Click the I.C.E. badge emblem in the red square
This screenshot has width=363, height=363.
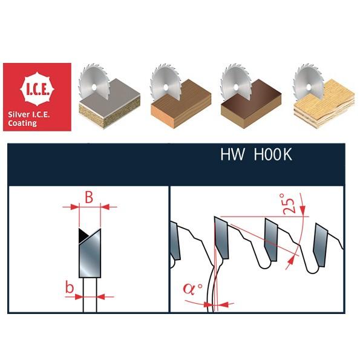point(37,89)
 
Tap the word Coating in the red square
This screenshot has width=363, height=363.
point(22,123)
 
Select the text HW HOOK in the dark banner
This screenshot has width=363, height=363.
point(256,154)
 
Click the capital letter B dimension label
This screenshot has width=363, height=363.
point(89,197)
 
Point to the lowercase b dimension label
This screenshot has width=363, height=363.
point(70,287)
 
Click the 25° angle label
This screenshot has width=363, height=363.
point(289,203)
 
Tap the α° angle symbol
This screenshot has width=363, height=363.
point(192,289)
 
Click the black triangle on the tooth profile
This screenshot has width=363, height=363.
point(83,236)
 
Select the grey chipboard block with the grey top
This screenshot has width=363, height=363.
point(110,103)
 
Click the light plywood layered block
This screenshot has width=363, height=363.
point(324,103)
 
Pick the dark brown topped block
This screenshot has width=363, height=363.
point(251,103)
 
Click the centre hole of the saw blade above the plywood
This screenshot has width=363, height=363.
point(309,87)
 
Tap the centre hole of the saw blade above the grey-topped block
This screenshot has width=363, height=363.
point(94,87)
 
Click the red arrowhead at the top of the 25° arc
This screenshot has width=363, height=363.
point(302,209)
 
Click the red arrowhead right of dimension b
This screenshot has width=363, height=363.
point(100,296)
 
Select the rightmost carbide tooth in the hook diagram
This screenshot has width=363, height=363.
point(321,246)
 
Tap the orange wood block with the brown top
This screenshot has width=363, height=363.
point(181,103)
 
